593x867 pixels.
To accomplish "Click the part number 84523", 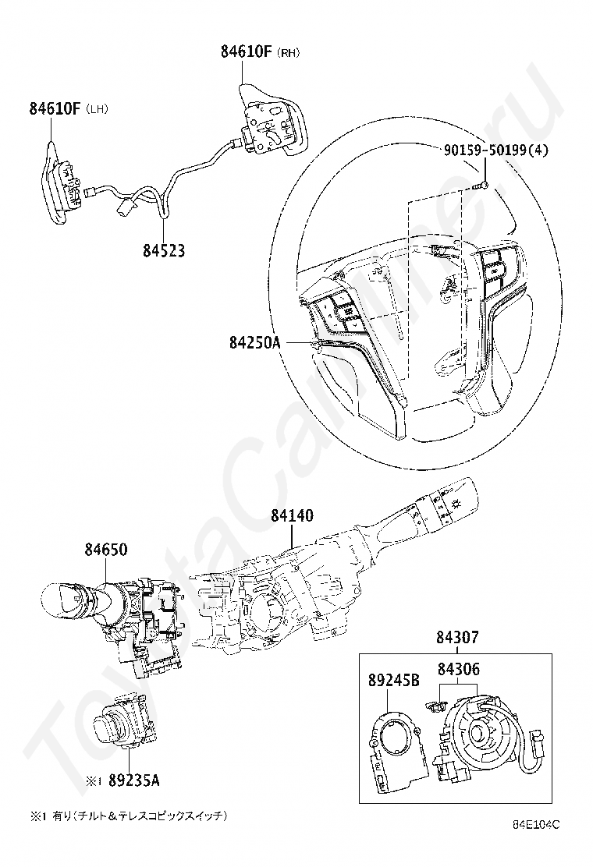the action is pos(165,250).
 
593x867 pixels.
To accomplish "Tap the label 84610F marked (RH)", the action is pos(246,52).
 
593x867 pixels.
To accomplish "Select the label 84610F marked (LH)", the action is pos(55,108).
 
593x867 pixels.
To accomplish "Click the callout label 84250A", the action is pos(255,343).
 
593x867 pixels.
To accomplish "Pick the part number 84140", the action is pos(292,515).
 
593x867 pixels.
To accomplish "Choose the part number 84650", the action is pos(106,550).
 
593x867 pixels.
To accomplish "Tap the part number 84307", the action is pos(457,638).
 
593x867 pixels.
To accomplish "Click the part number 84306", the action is pos(459,669).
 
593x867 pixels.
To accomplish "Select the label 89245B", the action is pos(394,680).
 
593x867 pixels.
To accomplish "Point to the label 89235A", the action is pos(134,780).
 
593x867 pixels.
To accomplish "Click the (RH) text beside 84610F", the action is pos(288,53).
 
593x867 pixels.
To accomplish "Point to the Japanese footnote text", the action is pos(130,816).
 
